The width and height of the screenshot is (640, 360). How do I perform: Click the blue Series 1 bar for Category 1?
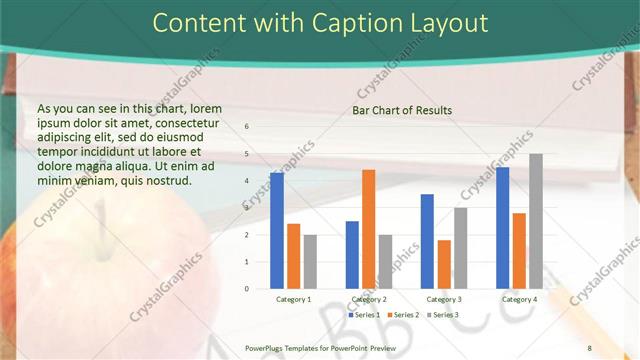pyautogui.click(x=277, y=231)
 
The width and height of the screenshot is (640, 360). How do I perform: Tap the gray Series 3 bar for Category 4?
pyautogui.click(x=536, y=221)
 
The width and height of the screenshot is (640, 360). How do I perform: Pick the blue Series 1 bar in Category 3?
pyautogui.click(x=427, y=241)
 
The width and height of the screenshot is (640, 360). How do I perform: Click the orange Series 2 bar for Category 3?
pyautogui.click(x=444, y=264)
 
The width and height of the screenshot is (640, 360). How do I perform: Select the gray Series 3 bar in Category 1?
pyautogui.click(x=310, y=261)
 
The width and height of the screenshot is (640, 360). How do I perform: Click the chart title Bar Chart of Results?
pyautogui.click(x=402, y=110)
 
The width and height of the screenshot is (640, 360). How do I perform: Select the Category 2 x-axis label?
pyautogui.click(x=369, y=299)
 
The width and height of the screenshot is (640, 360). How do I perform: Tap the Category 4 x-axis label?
pyautogui.click(x=519, y=299)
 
